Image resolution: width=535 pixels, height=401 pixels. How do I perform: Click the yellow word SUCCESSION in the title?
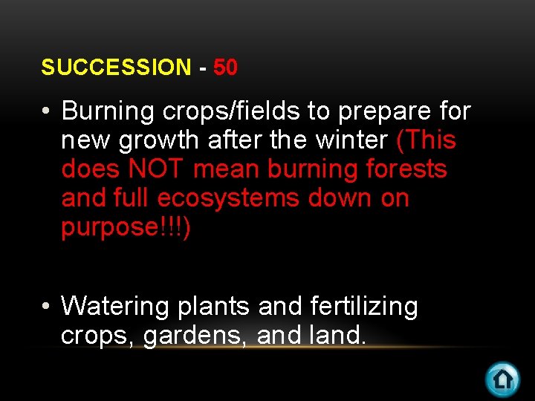coord(116,68)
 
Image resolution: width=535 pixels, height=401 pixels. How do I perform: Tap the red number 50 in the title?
coord(225,68)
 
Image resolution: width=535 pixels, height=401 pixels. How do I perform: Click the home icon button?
coord(502,379)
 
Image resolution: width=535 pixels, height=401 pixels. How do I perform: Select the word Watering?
coord(108,307)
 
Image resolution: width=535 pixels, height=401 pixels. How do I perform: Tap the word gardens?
coord(196,336)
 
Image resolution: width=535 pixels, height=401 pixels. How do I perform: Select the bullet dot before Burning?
coord(46,112)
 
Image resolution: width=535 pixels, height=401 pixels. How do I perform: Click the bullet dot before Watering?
coord(46,307)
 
